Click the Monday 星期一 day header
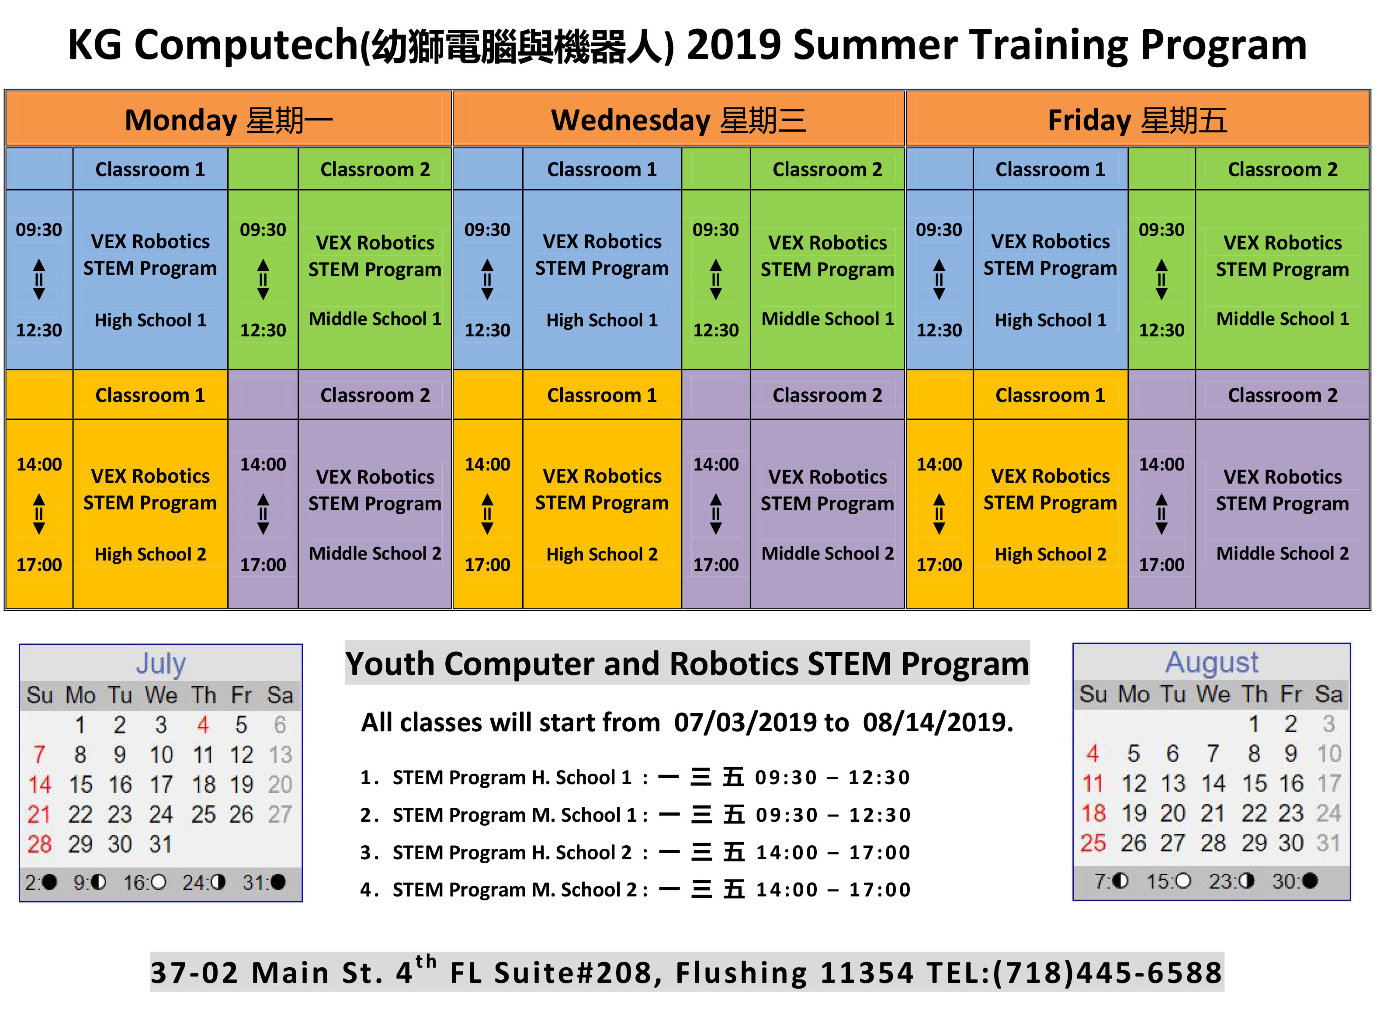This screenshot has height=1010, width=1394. (229, 120)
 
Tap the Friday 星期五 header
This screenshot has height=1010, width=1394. (1137, 120)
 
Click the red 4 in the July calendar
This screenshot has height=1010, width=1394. (203, 725)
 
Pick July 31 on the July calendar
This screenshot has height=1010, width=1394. (160, 844)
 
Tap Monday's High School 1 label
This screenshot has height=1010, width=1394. (151, 320)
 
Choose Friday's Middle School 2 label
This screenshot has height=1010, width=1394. (1283, 553)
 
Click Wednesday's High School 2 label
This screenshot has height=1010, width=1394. (602, 554)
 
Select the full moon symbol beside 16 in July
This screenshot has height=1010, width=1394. (158, 882)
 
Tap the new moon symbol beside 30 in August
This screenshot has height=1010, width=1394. (1310, 881)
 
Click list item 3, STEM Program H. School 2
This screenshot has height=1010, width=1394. (635, 852)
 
